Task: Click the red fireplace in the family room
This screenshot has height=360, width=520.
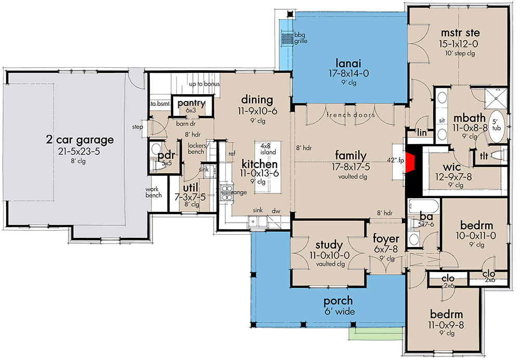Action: point(412,162)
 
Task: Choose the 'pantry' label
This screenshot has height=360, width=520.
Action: point(192,103)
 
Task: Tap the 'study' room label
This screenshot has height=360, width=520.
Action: point(329,245)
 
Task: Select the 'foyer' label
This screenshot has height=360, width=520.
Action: point(386,239)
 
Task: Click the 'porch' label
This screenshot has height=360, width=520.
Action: point(339,301)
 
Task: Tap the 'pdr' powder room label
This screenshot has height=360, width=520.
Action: point(165,156)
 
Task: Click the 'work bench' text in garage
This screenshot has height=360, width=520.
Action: point(154,192)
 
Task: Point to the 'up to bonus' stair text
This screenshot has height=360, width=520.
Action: point(204,84)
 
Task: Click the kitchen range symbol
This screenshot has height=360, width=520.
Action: point(227,193)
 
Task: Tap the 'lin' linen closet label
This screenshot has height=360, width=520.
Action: point(422,133)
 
